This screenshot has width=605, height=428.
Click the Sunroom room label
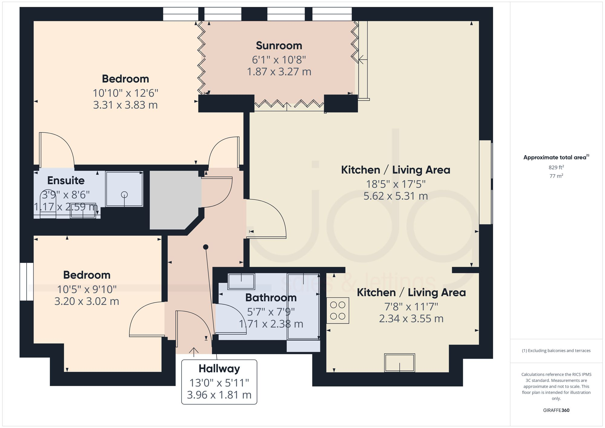[279, 46]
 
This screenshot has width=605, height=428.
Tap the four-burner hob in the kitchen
[338, 311]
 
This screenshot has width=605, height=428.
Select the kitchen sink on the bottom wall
[399, 362]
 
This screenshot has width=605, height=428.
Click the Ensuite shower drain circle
[124, 195]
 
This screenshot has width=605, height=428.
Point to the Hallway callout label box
[219, 382]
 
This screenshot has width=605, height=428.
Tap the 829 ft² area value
[556, 167]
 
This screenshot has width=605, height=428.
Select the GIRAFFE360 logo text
[556, 410]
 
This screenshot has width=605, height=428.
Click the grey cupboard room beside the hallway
[174, 200]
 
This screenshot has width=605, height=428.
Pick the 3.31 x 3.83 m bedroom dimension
[125, 105]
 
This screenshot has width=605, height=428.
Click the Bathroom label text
[271, 298]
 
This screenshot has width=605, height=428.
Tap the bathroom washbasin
[241, 281]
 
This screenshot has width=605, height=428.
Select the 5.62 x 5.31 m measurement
[395, 196]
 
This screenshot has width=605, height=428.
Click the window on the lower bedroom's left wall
[27, 282]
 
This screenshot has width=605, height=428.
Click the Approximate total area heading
[556, 157]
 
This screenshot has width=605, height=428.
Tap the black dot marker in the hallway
[206, 247]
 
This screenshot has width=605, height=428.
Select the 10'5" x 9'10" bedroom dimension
[87, 289]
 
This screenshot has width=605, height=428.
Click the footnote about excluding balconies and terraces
[556, 351]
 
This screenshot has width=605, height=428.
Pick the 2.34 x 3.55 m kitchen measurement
[411, 319]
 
